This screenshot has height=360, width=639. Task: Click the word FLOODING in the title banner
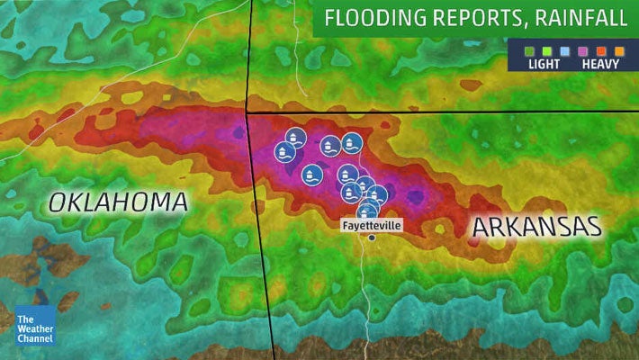coord(370,18)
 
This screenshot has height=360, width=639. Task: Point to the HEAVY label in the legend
coord(598,64)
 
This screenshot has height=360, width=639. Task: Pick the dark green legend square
coord(519,50)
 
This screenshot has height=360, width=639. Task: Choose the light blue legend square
coord(553,50)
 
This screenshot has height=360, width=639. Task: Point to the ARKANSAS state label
coord(536,226)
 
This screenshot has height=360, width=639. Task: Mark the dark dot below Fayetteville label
coord(372,238)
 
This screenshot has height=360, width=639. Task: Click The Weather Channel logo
coord(34,325)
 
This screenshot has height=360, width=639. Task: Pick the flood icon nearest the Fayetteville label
coord(367,211)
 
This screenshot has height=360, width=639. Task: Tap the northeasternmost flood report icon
coord(353,142)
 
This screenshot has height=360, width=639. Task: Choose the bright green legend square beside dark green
coord(536,50)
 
